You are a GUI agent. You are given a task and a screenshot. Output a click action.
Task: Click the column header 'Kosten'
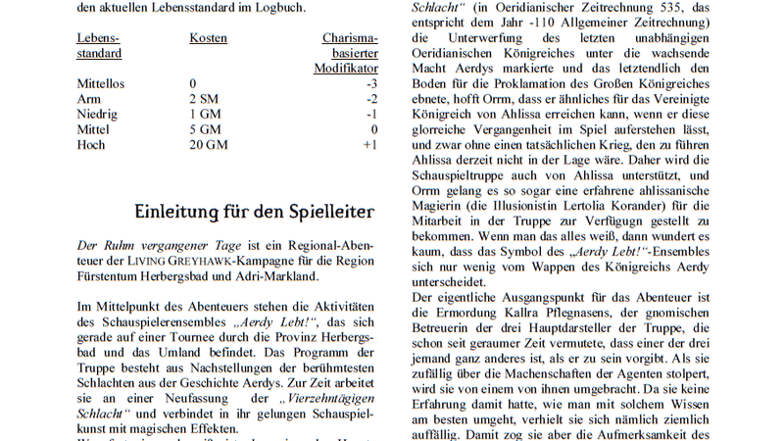point(208,38)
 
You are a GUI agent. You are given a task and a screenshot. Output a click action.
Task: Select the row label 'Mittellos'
point(101,84)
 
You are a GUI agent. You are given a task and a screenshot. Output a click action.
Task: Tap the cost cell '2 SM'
point(204,99)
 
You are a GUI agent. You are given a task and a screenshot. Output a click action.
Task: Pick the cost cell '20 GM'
point(208,144)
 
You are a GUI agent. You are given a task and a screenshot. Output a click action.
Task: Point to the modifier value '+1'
point(369,144)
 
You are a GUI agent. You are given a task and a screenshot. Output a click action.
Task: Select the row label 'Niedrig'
point(97,114)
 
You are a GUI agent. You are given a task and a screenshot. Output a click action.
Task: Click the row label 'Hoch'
point(91,144)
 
